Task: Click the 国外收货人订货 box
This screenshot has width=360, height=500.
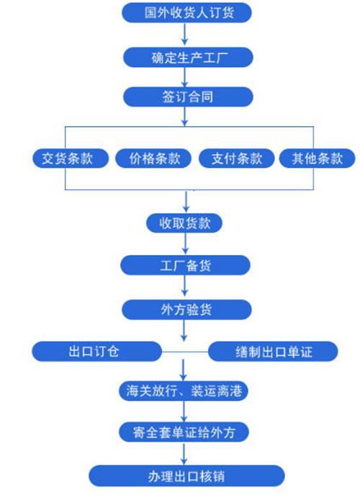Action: (186, 13)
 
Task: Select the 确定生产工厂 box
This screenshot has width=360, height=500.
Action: (188, 58)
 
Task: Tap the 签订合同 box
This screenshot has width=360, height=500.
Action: (188, 97)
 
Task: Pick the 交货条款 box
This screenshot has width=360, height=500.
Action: (71, 159)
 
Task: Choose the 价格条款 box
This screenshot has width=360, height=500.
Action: (153, 159)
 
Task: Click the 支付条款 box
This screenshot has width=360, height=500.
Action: (236, 159)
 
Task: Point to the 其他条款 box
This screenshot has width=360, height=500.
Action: (317, 159)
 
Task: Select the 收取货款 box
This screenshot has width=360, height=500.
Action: (184, 223)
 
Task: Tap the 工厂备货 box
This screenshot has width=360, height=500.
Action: (185, 265)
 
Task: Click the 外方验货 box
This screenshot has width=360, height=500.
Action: (186, 309)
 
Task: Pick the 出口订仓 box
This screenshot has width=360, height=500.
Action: (97, 352)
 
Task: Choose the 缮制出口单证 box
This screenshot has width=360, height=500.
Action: (273, 352)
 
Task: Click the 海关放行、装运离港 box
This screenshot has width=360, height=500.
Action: (184, 391)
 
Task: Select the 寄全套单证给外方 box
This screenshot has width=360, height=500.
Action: (184, 432)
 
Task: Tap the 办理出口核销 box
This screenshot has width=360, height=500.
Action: (186, 476)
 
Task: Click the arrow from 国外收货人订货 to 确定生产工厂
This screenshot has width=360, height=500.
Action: (185, 33)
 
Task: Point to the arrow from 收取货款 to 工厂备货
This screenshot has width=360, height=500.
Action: (186, 244)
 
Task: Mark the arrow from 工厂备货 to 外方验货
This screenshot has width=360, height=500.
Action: (185, 285)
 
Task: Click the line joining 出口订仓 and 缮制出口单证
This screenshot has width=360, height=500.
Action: (185, 352)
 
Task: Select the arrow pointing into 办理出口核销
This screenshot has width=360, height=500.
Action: (184, 453)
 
